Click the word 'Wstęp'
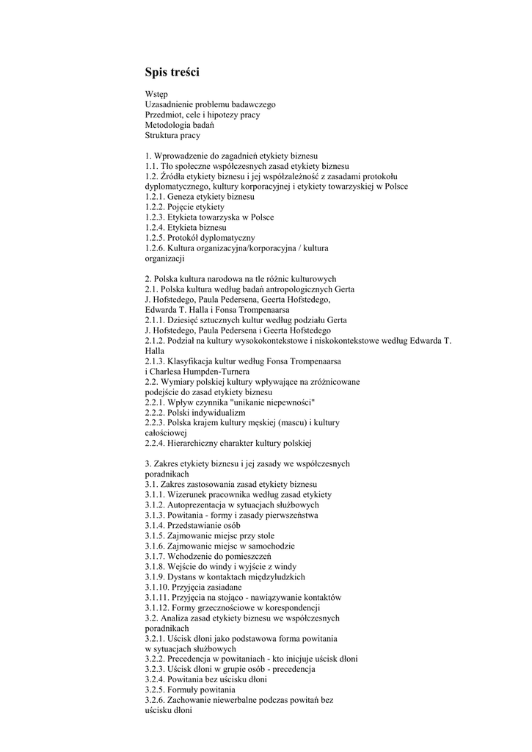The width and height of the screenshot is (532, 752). pyautogui.click(x=156, y=94)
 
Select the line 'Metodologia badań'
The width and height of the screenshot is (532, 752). pyautogui.click(x=179, y=125)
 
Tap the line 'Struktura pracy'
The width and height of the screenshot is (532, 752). pyautogui.click(x=172, y=135)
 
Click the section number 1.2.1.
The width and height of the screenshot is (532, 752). pyautogui.click(x=155, y=197)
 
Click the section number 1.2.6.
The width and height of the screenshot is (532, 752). pyautogui.click(x=155, y=248)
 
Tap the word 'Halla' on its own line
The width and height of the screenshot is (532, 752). pyautogui.click(x=154, y=351)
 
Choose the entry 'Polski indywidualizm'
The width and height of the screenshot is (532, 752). pyautogui.click(x=206, y=413)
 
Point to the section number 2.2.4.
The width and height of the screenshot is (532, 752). pyautogui.click(x=155, y=444)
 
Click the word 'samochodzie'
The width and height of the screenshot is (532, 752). pyautogui.click(x=272, y=546)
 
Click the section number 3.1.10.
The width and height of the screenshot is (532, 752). pyautogui.click(x=157, y=587)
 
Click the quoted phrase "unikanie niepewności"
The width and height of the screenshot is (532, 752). pyautogui.click(x=272, y=402)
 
